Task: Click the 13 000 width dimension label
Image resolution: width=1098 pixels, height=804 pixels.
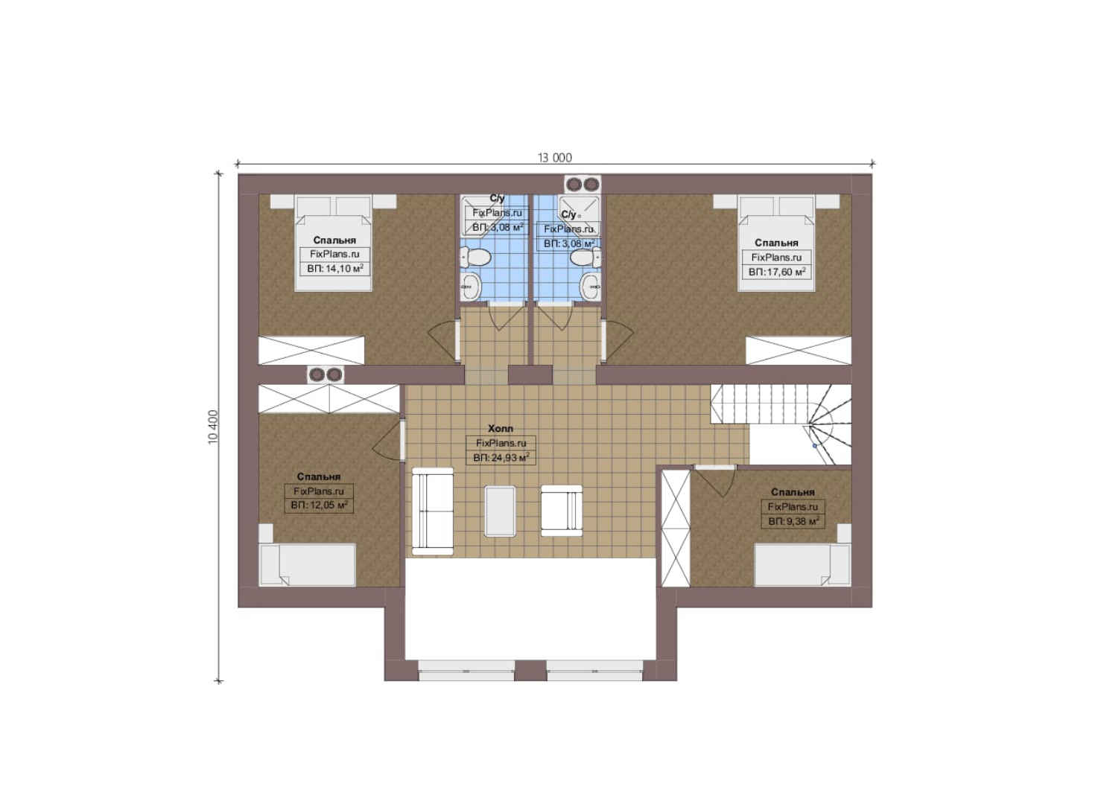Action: coord(554,158)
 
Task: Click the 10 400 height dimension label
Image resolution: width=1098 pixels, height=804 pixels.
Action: coord(213,427)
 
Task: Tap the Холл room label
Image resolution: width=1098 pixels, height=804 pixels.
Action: coord(501,429)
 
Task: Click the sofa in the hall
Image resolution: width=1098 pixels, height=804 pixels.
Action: coord(432,511)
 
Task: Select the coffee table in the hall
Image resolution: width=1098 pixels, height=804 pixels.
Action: coord(500,511)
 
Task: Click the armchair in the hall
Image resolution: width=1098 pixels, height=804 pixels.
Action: coord(562,511)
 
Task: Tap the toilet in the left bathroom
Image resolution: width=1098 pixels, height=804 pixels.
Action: coord(475,256)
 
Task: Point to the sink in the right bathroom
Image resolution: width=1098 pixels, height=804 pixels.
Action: coord(591,285)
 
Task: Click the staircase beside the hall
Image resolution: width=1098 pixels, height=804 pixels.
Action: coord(781,424)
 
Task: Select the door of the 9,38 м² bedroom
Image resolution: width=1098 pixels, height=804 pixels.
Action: coord(715,480)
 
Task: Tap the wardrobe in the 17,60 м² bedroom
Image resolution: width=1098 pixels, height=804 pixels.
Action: coord(799,350)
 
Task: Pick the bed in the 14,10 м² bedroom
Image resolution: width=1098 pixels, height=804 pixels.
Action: coord(333,243)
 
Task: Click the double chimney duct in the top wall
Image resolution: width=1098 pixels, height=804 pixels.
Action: coord(583,184)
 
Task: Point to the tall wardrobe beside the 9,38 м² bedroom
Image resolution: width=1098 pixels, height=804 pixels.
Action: coord(676,528)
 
